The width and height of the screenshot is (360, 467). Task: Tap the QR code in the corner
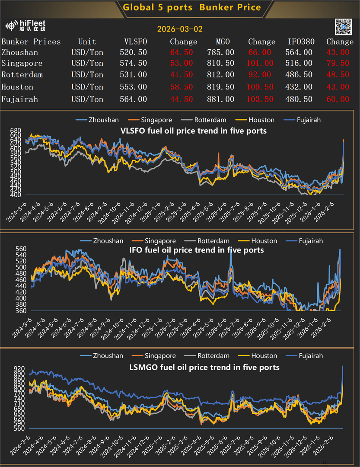point(344,27)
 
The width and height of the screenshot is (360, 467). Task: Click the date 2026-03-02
point(180,29)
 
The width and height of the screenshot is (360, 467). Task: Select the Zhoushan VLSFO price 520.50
point(133,52)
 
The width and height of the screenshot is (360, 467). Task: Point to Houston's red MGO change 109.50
point(260,87)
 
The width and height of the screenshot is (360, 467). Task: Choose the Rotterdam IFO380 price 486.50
point(300,75)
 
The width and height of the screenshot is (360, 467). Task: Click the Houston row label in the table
point(17,87)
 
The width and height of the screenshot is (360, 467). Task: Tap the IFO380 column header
point(301,42)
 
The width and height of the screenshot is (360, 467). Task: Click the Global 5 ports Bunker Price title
point(191,7)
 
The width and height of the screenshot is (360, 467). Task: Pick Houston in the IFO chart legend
point(264,241)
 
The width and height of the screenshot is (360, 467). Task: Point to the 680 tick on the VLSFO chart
point(15,131)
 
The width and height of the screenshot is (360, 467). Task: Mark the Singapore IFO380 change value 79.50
point(338,63)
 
